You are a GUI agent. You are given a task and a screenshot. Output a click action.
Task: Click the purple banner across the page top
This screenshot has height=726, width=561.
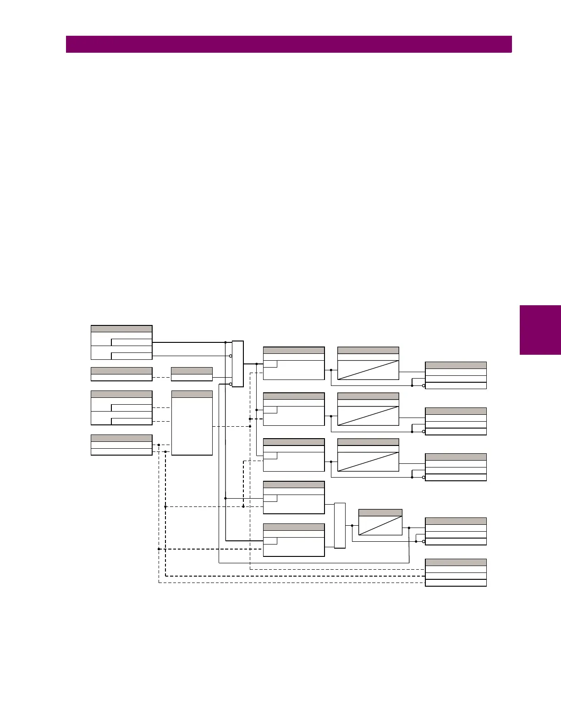[289, 44]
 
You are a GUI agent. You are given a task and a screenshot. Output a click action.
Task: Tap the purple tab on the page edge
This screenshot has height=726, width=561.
[540, 330]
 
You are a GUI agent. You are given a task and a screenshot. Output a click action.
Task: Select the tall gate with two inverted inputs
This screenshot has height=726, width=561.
[237, 364]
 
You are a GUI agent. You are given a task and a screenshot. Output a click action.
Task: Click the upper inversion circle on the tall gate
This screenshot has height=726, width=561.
[231, 356]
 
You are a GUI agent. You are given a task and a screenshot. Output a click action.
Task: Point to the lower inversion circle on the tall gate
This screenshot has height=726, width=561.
[231, 384]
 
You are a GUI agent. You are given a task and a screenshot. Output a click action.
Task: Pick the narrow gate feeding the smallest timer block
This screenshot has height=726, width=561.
[340, 525]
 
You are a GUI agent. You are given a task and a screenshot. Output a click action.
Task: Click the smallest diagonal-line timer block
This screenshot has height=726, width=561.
[380, 522]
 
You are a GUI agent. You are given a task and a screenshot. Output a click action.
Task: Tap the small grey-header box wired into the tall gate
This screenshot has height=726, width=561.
[192, 374]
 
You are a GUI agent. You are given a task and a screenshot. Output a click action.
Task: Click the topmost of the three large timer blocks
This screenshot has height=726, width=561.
[368, 363]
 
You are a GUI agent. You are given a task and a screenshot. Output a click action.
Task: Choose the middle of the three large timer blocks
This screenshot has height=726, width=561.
[368, 409]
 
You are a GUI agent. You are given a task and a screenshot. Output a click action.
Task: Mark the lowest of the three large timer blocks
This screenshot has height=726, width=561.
[368, 455]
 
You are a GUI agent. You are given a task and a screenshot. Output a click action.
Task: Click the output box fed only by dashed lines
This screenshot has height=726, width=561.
[456, 572]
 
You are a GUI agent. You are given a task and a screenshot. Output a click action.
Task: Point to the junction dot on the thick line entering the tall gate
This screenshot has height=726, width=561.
[225, 342]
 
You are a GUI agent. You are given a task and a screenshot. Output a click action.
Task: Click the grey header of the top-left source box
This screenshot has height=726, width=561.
[121, 329]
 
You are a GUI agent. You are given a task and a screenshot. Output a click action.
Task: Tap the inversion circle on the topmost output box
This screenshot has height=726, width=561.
[423, 386]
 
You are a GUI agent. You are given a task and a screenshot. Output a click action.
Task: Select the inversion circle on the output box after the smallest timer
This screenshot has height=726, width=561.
[423, 542]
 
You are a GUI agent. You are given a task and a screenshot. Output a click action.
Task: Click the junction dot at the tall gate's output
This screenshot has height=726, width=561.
[256, 364]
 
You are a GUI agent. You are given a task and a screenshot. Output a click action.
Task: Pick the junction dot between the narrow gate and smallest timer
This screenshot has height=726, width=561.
[352, 525]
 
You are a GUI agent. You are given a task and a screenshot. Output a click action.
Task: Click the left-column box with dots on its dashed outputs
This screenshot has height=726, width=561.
[121, 445]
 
